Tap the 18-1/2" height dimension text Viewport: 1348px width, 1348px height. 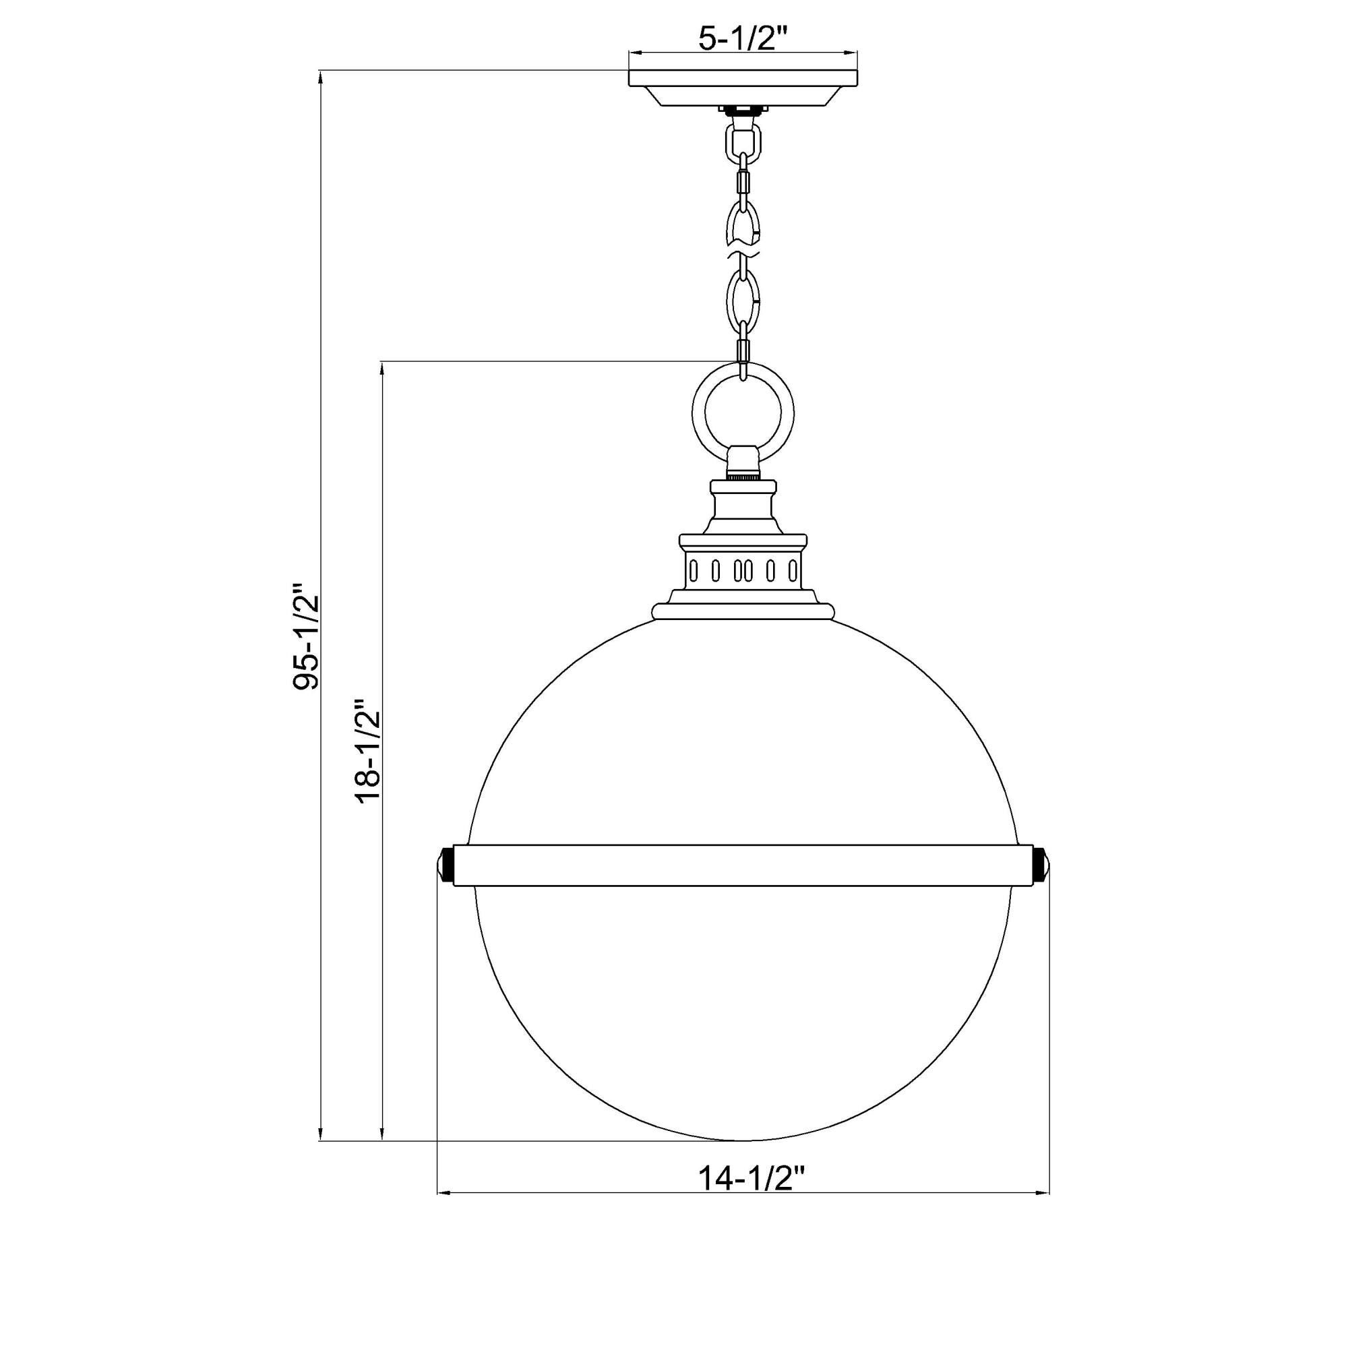point(369,751)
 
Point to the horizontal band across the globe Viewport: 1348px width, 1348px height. point(743,865)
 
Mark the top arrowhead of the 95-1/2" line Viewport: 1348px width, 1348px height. point(320,76)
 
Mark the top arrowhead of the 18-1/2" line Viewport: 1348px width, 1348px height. point(382,367)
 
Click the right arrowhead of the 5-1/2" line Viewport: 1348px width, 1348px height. point(852,53)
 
